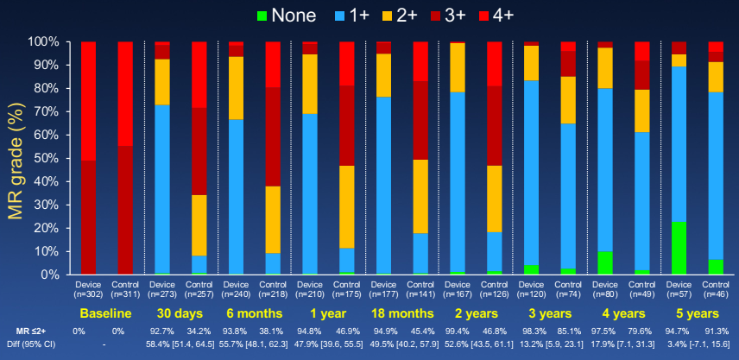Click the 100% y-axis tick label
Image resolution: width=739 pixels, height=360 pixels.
pos(41,41)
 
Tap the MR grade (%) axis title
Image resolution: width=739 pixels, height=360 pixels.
pos(14,158)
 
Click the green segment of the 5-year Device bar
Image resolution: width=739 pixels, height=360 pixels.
pos(679,249)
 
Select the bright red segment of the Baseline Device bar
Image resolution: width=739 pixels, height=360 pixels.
pos(88,100)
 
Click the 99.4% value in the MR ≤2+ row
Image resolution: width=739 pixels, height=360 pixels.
pos(458,332)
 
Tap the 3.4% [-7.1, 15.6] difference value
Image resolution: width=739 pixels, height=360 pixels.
pos(697,344)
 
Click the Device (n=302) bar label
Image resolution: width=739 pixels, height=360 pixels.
pos(88,288)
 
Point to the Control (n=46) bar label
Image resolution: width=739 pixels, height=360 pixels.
pos(715,288)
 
